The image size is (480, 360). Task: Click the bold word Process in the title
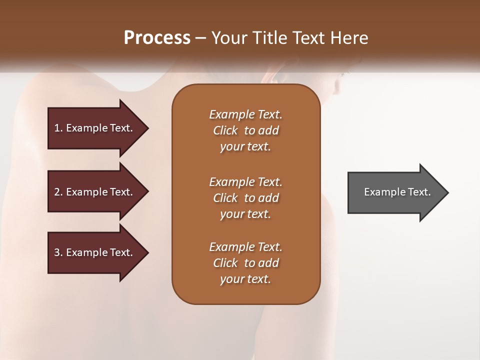coord(157,38)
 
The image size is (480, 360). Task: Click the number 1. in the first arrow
coord(58,128)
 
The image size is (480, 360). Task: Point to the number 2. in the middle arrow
coord(58,192)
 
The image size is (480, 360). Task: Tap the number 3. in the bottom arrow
coord(58,252)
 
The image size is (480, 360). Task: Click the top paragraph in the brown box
coord(245,130)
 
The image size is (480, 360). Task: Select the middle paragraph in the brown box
coord(245,198)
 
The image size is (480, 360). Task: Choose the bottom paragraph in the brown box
coord(245,263)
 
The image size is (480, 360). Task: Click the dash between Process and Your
coord(200,38)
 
